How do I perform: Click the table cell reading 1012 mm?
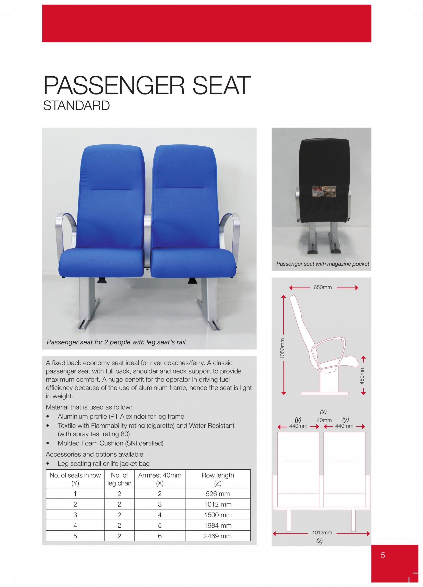pos(218,504)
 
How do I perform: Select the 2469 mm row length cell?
pos(218,536)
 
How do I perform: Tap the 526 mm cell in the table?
pos(218,494)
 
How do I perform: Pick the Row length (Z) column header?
pos(218,479)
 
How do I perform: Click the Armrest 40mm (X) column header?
pos(160,479)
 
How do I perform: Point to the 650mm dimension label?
pos(323,287)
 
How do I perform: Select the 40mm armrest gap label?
pos(324,420)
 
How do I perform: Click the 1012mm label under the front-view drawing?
pos(322,533)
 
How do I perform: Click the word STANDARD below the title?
pos(77,106)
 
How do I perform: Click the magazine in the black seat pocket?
pos(324,190)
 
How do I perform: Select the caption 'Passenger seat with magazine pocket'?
pos(323,264)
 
